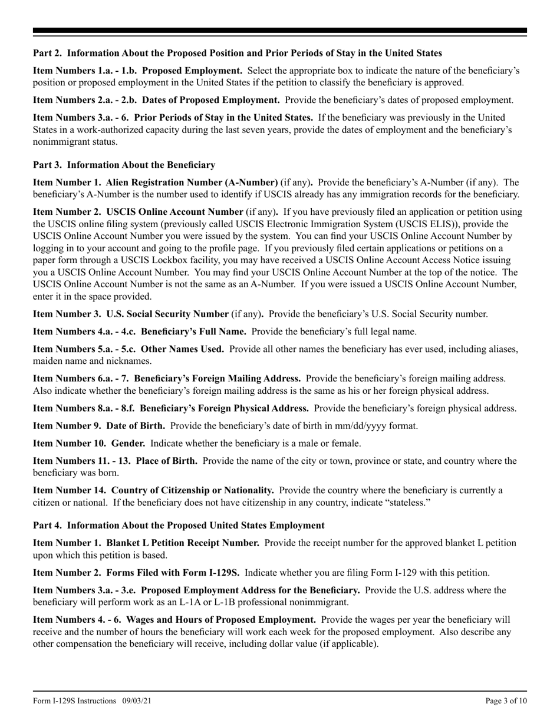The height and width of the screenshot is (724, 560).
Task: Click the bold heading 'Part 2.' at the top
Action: pos(48,53)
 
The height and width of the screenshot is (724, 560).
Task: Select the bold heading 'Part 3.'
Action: pos(48,165)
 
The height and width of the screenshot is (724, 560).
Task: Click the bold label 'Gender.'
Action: pos(128,443)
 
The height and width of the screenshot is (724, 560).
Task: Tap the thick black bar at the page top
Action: pos(280,31)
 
